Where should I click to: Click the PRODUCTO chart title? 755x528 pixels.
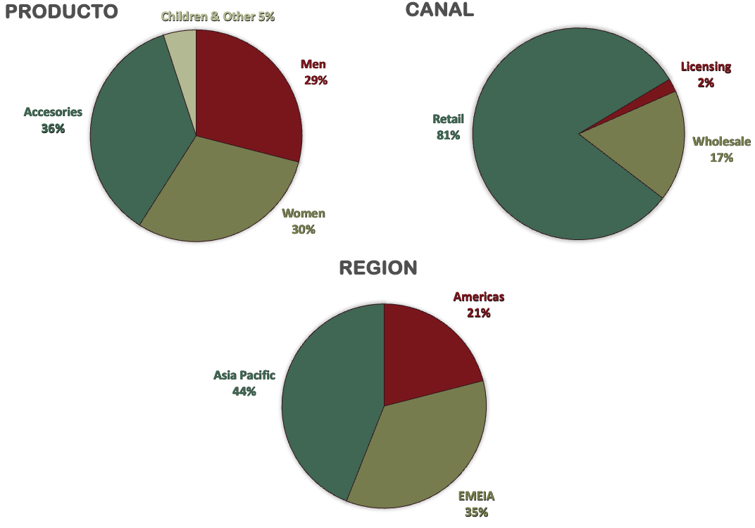[x=61, y=12]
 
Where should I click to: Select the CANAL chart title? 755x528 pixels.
[x=439, y=9]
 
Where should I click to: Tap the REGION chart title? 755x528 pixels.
[x=378, y=268]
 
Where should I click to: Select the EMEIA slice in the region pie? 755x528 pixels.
[x=423, y=451]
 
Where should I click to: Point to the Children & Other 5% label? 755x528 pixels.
[x=218, y=16]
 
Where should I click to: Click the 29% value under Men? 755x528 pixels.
[x=316, y=80]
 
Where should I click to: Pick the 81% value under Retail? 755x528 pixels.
[x=448, y=135]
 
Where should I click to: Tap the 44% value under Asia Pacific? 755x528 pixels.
[x=244, y=391]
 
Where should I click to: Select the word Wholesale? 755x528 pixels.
[x=721, y=142]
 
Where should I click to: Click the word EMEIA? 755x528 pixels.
[x=477, y=496]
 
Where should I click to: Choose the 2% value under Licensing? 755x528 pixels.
[x=706, y=83]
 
